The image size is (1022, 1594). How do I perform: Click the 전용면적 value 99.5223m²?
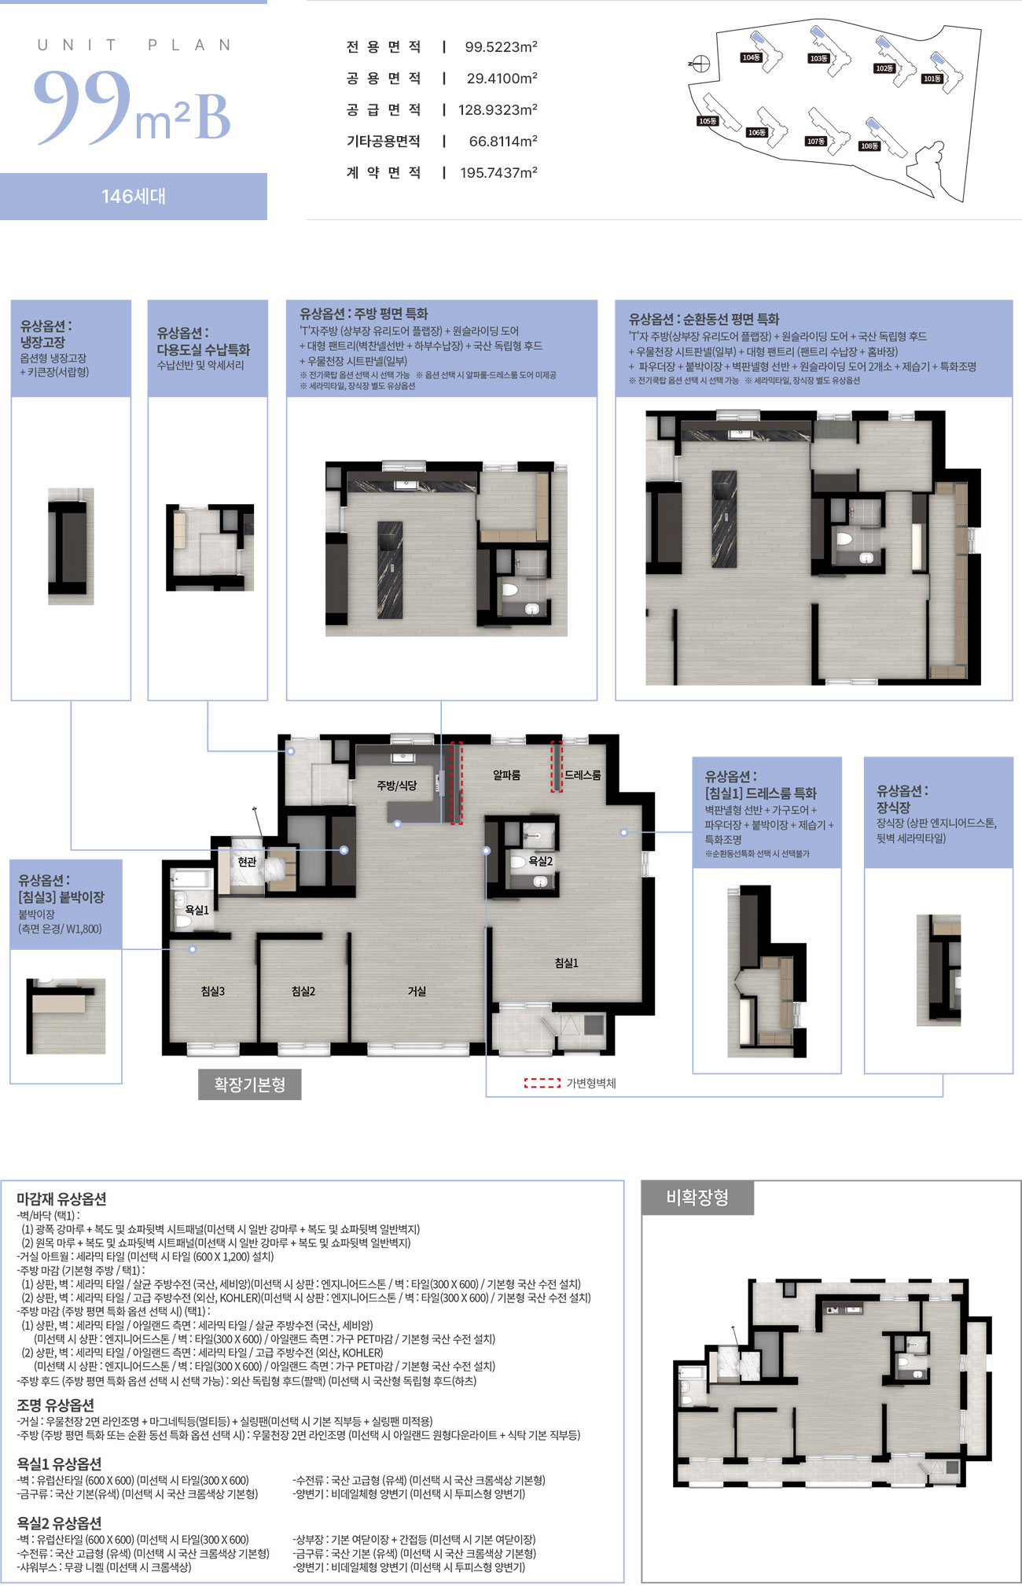pyautogui.click(x=501, y=47)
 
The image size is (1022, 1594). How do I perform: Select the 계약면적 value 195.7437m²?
pyautogui.click(x=498, y=173)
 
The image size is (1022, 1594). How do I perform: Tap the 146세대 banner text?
pyautogui.click(x=134, y=197)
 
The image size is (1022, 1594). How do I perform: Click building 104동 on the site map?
pyautogui.click(x=752, y=57)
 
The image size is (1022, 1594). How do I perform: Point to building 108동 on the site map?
pyautogui.click(x=869, y=145)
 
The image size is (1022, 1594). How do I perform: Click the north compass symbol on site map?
pyautogui.click(x=700, y=64)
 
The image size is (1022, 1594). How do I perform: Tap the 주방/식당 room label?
pyautogui.click(x=396, y=785)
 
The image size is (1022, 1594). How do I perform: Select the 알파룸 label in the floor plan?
pyautogui.click(x=506, y=775)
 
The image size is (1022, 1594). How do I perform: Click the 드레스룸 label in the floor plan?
pyautogui.click(x=583, y=775)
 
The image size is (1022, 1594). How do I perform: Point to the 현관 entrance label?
pyautogui.click(x=247, y=862)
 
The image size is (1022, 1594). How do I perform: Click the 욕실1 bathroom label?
pyautogui.click(x=197, y=910)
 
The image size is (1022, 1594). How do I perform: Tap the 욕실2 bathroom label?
pyautogui.click(x=540, y=861)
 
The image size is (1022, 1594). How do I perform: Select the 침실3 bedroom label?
pyautogui.click(x=212, y=992)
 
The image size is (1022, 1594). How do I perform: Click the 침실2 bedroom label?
pyautogui.click(x=303, y=992)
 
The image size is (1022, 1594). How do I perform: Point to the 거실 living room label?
pyautogui.click(x=417, y=992)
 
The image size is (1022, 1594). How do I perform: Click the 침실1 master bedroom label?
pyautogui.click(x=566, y=963)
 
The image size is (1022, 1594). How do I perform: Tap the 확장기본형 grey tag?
pyautogui.click(x=250, y=1084)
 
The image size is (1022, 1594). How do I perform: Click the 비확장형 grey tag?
pyautogui.click(x=697, y=1198)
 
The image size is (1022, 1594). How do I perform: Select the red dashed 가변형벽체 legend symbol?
pyautogui.click(x=542, y=1083)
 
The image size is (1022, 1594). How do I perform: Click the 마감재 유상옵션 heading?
pyautogui.click(x=61, y=1199)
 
